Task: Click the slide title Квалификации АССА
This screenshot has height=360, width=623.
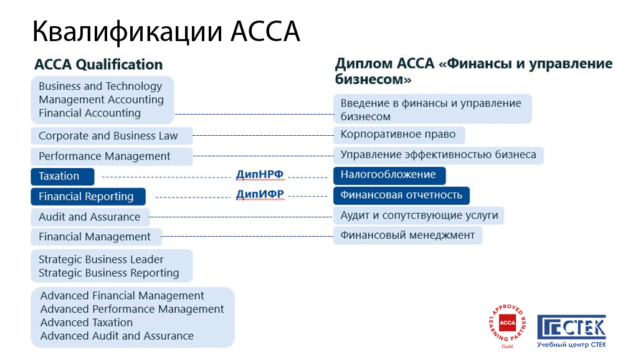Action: [166, 32]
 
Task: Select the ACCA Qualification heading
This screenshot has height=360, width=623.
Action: [98, 65]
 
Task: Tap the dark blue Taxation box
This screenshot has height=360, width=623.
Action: [62, 176]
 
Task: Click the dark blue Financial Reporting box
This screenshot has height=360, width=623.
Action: [88, 197]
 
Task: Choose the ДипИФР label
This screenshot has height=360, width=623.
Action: [260, 194]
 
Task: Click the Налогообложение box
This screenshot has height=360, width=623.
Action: [389, 175]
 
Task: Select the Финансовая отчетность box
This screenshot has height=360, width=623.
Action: [401, 195]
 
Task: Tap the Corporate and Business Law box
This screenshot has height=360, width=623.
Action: [112, 136]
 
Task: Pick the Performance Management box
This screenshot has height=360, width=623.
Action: [112, 156]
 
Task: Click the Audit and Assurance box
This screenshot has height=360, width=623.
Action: [90, 217]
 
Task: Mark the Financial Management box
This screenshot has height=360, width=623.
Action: [95, 237]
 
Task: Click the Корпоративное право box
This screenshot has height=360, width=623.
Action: [399, 135]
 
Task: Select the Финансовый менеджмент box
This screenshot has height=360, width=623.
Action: [407, 235]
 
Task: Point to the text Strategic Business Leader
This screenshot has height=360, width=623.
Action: [101, 260]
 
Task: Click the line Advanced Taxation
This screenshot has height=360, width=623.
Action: [87, 323]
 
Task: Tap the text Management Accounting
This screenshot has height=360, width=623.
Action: [101, 100]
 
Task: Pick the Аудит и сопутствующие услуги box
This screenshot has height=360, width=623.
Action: [419, 216]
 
